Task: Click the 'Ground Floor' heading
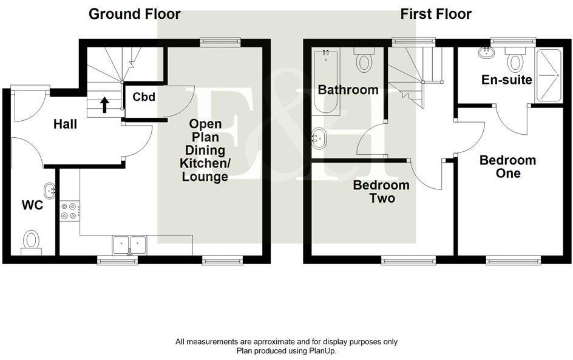tap(134, 14)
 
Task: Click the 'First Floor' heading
tap(436, 14)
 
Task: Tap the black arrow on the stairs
tap(104, 104)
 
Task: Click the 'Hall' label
tap(65, 124)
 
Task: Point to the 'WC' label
tap(32, 206)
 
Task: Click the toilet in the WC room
tap(31, 241)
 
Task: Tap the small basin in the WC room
tap(50, 190)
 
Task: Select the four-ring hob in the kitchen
tap(69, 211)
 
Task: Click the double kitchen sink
tap(129, 245)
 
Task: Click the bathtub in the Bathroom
tap(327, 83)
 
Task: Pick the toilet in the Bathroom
tap(365, 61)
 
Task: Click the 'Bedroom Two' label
tap(381, 191)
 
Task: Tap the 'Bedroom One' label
tap(507, 167)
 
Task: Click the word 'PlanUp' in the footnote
tap(320, 351)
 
